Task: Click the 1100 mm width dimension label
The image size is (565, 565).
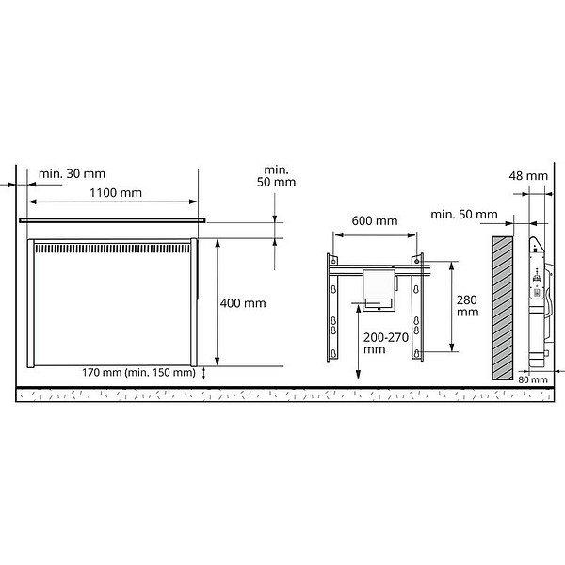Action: [116, 193]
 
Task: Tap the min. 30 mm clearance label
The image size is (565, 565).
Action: [72, 173]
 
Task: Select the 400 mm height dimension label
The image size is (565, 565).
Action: [243, 303]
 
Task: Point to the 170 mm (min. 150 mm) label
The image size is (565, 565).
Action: [138, 372]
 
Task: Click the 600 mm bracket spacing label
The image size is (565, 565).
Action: [375, 220]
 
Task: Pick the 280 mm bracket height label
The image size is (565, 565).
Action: [467, 305]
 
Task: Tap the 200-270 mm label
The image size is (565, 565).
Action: [386, 343]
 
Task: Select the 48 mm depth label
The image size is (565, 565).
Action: [528, 176]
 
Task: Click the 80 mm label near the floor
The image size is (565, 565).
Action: [533, 379]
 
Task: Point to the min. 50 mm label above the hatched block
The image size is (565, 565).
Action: [464, 215]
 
